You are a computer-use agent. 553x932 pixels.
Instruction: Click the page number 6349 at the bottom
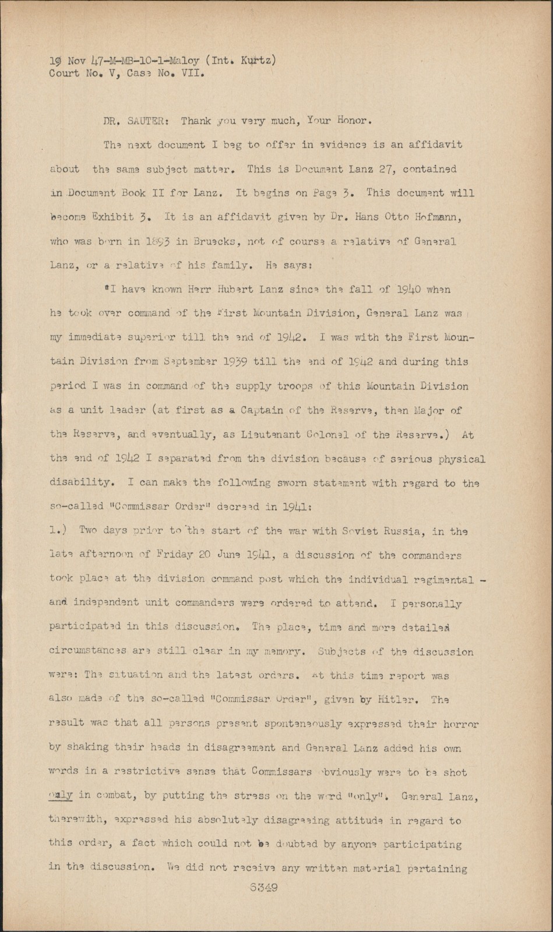click(263, 888)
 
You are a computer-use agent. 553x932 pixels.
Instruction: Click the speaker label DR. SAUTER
click(135, 121)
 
